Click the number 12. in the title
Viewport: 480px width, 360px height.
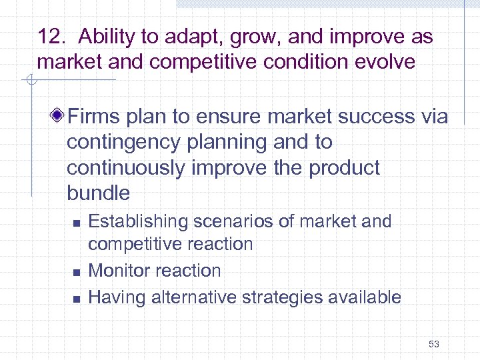click(x=52, y=37)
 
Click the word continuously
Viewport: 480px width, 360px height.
click(x=126, y=168)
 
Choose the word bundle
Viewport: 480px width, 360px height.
click(x=98, y=193)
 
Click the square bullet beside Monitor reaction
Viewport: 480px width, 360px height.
click(x=77, y=272)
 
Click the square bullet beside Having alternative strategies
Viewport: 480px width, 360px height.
click(x=77, y=298)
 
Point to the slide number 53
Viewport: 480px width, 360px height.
click(x=434, y=344)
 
